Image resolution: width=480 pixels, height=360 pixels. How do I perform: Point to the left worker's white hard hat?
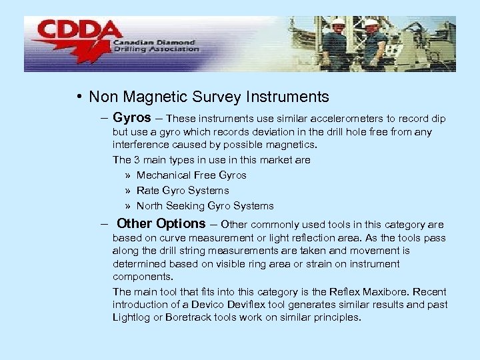339,23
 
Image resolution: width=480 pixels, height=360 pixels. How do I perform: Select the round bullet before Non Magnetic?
79,97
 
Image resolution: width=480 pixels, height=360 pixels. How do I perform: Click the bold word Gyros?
132,117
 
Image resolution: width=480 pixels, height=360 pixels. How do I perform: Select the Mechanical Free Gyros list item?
191,175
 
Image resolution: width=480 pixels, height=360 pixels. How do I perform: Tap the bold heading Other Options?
161,224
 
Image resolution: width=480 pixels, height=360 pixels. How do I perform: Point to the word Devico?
217,305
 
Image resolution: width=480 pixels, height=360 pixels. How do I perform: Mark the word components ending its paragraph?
142,277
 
